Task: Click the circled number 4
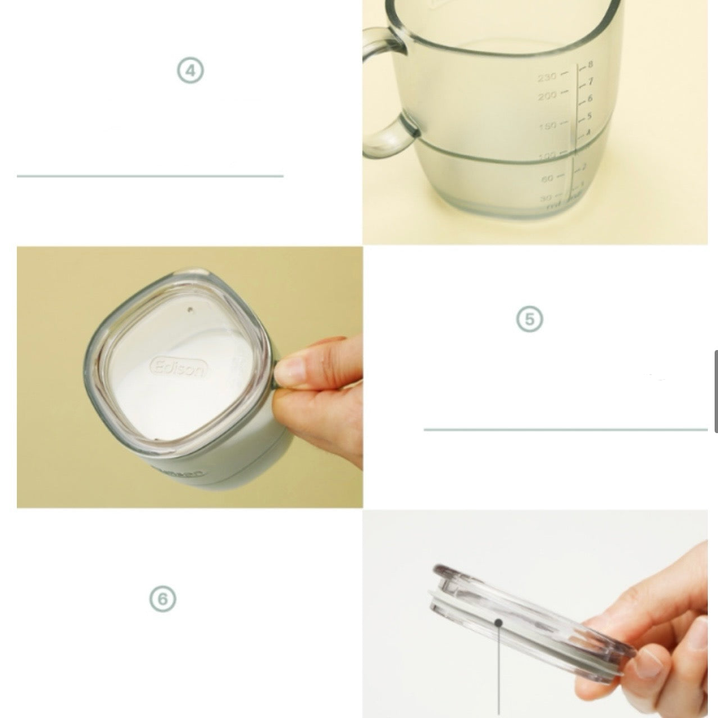click(x=190, y=71)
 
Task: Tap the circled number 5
click(x=529, y=319)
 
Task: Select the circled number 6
click(x=162, y=599)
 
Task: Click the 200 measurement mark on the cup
click(x=547, y=97)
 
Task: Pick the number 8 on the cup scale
click(x=590, y=65)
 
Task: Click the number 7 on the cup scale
click(x=590, y=82)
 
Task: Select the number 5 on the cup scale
click(x=589, y=116)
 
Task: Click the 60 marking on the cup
click(x=547, y=178)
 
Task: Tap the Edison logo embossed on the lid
click(x=179, y=368)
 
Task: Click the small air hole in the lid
click(x=189, y=308)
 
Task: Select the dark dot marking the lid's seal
click(x=498, y=621)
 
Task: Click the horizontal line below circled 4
click(x=150, y=176)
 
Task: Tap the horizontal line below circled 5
click(x=565, y=430)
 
